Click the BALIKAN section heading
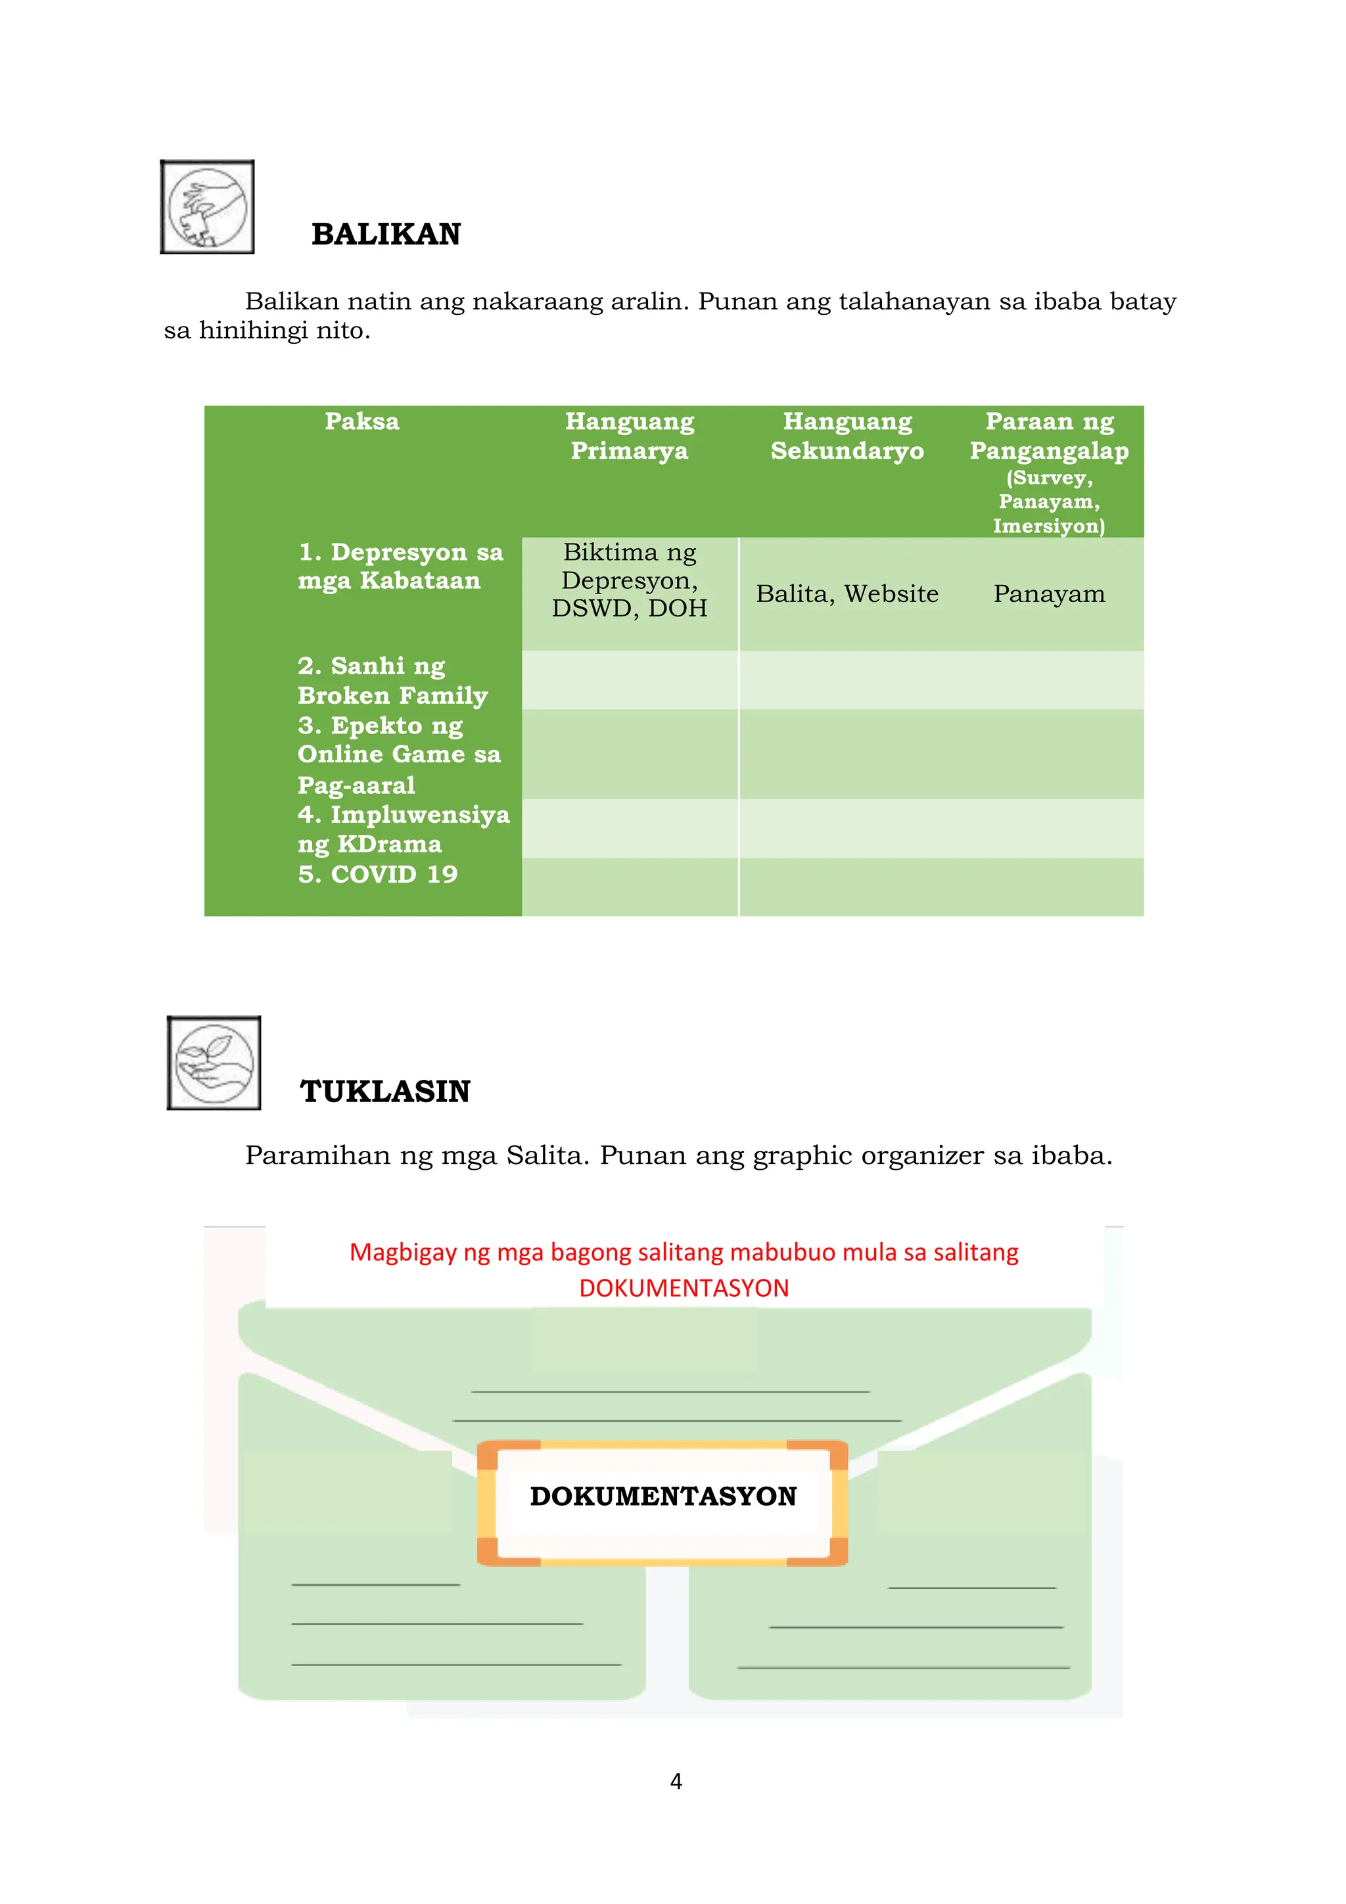click(x=386, y=235)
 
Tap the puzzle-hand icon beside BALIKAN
click(x=207, y=206)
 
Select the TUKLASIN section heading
click(x=385, y=1091)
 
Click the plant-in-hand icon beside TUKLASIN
click(x=214, y=1063)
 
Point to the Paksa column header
click(x=361, y=421)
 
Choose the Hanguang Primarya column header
click(x=630, y=436)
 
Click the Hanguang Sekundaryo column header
click(x=847, y=436)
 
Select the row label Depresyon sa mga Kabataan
click(x=400, y=567)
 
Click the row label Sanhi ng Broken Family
click(x=392, y=681)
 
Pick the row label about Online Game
click(x=399, y=755)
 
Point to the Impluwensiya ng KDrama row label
click(x=403, y=829)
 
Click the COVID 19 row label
click(x=377, y=874)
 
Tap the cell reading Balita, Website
click(x=847, y=593)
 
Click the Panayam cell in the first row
click(x=1049, y=593)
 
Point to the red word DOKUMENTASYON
click(x=684, y=1288)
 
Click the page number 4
click(x=676, y=1781)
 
